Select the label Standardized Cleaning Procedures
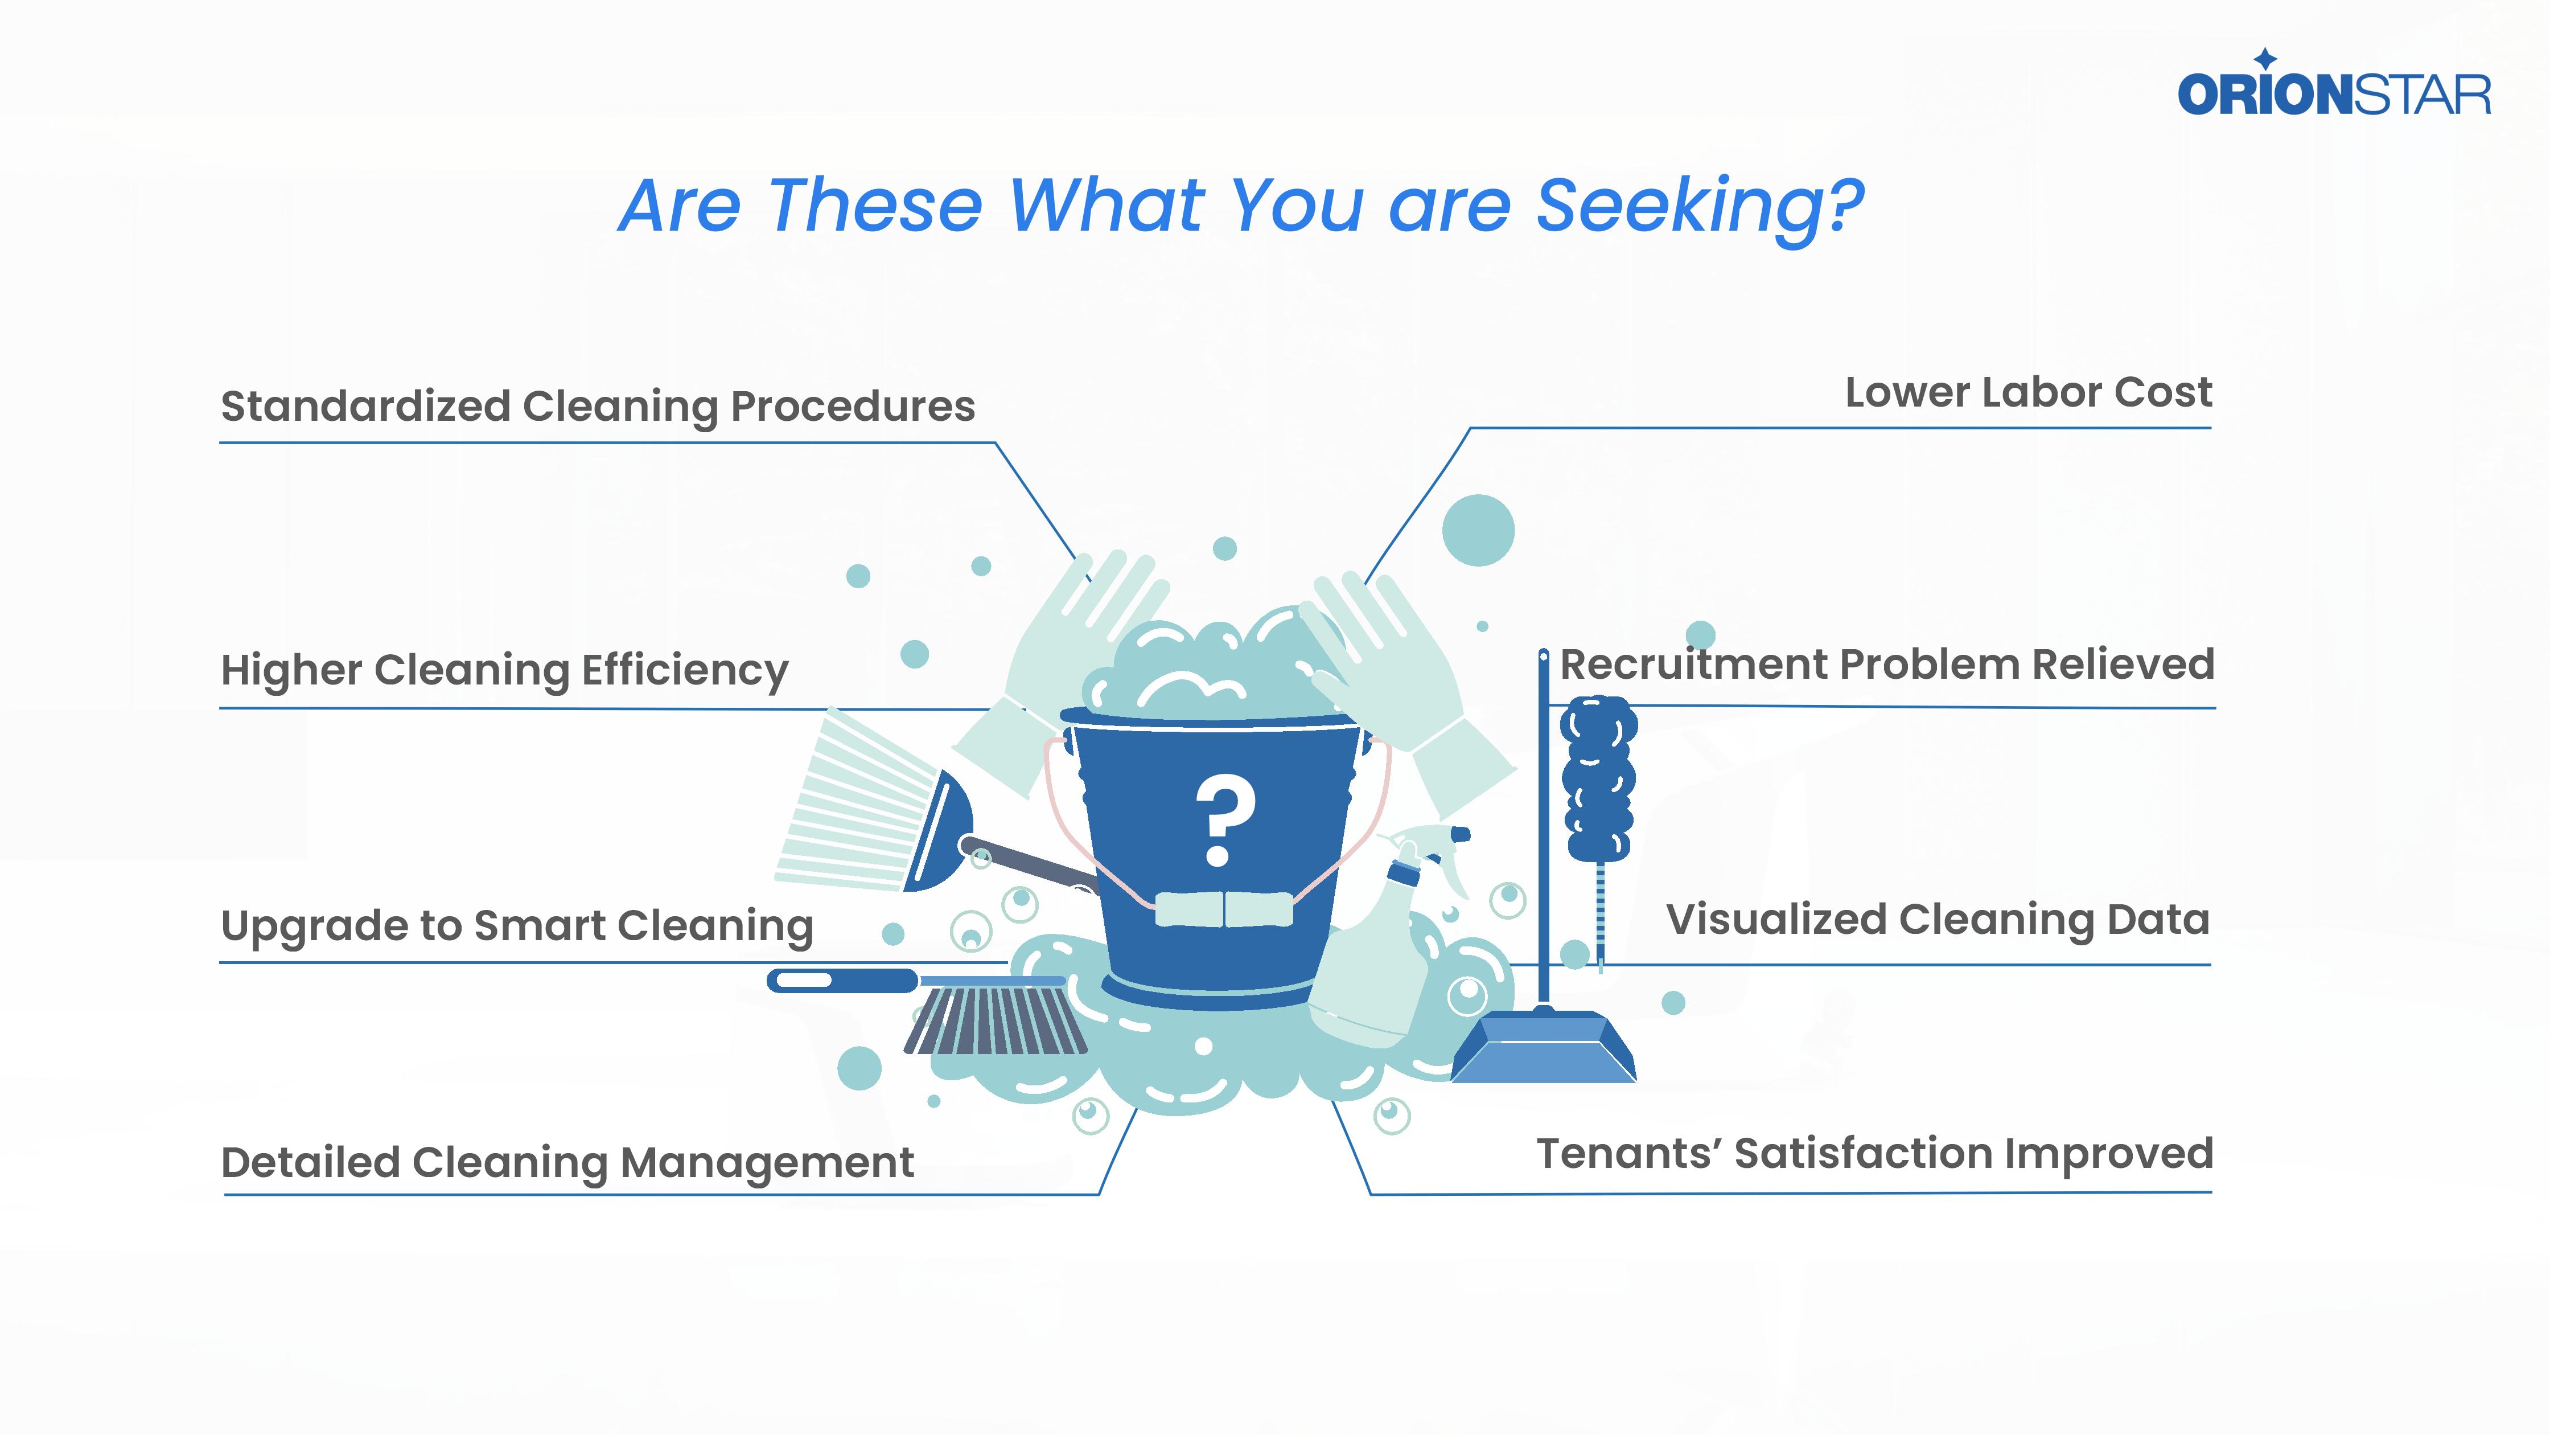pyautogui.click(x=597, y=406)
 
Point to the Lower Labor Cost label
pyautogui.click(x=2027, y=392)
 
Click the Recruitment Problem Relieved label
pyautogui.click(x=1887, y=665)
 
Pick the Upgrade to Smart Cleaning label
pyautogui.click(x=517, y=926)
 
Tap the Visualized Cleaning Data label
pyautogui.click(x=1937, y=920)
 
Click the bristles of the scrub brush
pyautogui.click(x=995, y=1020)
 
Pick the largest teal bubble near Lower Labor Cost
pyautogui.click(x=1478, y=530)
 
